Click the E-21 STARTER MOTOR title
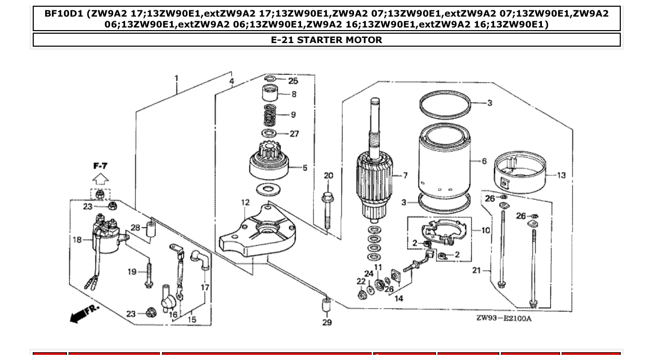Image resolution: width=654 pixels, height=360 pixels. point(326,40)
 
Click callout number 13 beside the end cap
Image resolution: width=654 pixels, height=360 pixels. point(562,175)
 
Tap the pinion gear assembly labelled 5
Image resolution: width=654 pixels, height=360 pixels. point(268,164)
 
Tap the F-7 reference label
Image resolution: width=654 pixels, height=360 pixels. point(101,166)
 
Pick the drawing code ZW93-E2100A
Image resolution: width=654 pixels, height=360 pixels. point(504,318)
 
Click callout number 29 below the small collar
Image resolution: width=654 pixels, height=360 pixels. point(326,323)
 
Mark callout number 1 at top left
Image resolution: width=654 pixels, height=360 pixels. point(176,79)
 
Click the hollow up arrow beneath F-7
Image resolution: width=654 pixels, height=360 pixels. point(101,179)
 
